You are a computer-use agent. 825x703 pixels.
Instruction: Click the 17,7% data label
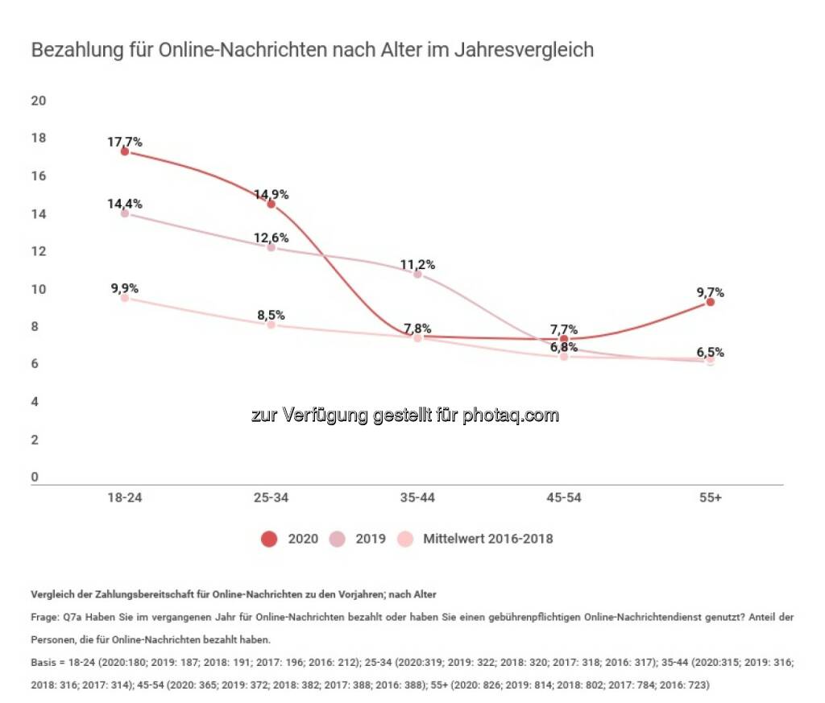tap(125, 142)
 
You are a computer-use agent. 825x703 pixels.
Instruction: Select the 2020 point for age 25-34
tap(271, 205)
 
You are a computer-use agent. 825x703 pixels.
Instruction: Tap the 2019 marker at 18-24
tap(125, 214)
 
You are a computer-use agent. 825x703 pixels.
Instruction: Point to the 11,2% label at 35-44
tap(417, 264)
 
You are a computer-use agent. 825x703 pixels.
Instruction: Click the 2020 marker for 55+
tap(710, 302)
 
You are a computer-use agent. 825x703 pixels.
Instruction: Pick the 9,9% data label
tap(125, 287)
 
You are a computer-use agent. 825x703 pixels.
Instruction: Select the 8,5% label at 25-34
tap(271, 315)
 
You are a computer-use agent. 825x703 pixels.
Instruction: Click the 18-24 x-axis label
tap(125, 498)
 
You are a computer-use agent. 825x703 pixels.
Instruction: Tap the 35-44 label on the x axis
tap(417, 498)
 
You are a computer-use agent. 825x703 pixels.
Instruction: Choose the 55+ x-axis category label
tap(710, 498)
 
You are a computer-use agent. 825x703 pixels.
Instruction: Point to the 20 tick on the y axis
tap(38, 101)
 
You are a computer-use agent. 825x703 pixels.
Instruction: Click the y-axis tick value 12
tap(38, 252)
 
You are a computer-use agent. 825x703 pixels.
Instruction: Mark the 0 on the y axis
tap(35, 478)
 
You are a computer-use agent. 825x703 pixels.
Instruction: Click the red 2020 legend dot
tap(268, 539)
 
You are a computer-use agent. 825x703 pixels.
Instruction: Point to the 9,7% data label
tap(710, 292)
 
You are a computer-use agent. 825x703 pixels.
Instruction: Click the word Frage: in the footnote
tap(45, 617)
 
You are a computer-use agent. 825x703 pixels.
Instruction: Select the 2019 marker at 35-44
tap(417, 275)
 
